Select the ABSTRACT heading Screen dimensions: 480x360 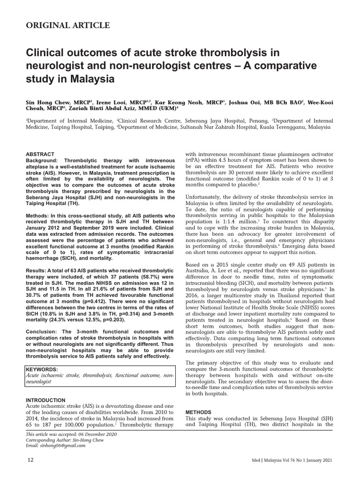[40, 154]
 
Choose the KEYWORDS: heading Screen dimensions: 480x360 [42, 369]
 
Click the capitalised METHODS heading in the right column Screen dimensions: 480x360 [198, 412]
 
